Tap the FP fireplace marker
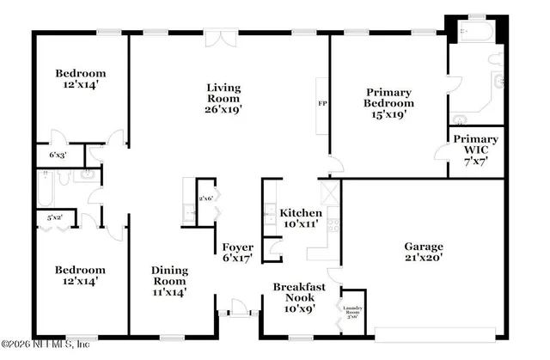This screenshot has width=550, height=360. pyautogui.click(x=322, y=105)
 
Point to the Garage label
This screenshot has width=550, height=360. pyautogui.click(x=424, y=247)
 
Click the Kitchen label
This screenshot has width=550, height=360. pyautogui.click(x=301, y=213)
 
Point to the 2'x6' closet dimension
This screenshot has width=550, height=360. pyautogui.click(x=205, y=199)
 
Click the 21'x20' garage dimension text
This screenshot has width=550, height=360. pyautogui.click(x=424, y=259)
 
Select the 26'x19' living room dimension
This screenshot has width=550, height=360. pyautogui.click(x=223, y=109)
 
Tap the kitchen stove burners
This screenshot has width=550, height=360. pyautogui.click(x=333, y=225)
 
